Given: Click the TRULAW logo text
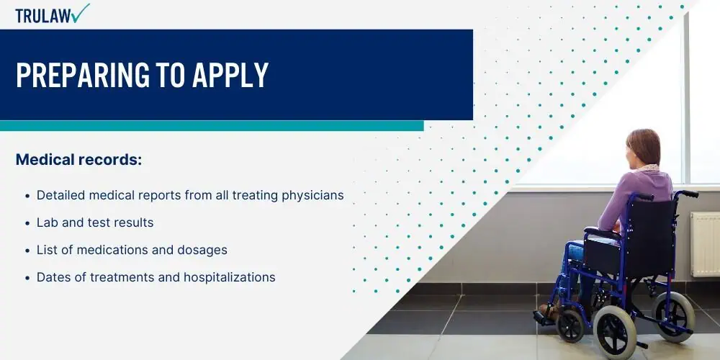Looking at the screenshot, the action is click(43, 16).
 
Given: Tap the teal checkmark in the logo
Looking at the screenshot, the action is click(81, 13).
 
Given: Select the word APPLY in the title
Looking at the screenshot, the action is click(230, 74).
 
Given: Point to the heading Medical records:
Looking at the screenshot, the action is click(79, 160).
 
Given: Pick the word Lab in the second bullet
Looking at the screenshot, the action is click(45, 222).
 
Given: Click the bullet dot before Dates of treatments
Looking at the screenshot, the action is click(27, 278).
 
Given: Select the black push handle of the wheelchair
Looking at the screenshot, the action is click(688, 193).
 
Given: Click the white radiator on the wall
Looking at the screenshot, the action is click(706, 244).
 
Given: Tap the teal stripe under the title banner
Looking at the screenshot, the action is click(212, 126).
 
